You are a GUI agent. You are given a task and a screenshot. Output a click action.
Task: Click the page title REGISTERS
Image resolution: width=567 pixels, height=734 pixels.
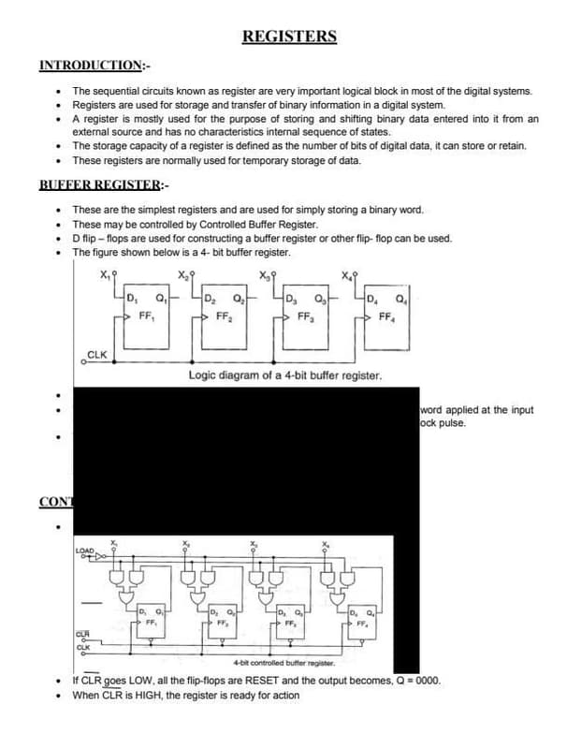pos(289,37)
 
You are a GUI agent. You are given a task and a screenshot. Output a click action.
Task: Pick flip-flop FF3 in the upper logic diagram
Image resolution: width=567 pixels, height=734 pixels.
pos(304,308)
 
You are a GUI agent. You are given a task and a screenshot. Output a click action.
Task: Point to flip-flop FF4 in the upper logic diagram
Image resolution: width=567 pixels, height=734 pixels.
pos(385,308)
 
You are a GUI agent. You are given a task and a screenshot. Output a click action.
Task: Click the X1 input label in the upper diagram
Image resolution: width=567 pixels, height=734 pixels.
pos(103,274)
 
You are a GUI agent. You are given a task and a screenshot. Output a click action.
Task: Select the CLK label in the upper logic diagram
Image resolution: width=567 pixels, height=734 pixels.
pos(97,354)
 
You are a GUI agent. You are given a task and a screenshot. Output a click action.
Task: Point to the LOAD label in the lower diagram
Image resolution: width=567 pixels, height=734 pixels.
pos(84,550)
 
